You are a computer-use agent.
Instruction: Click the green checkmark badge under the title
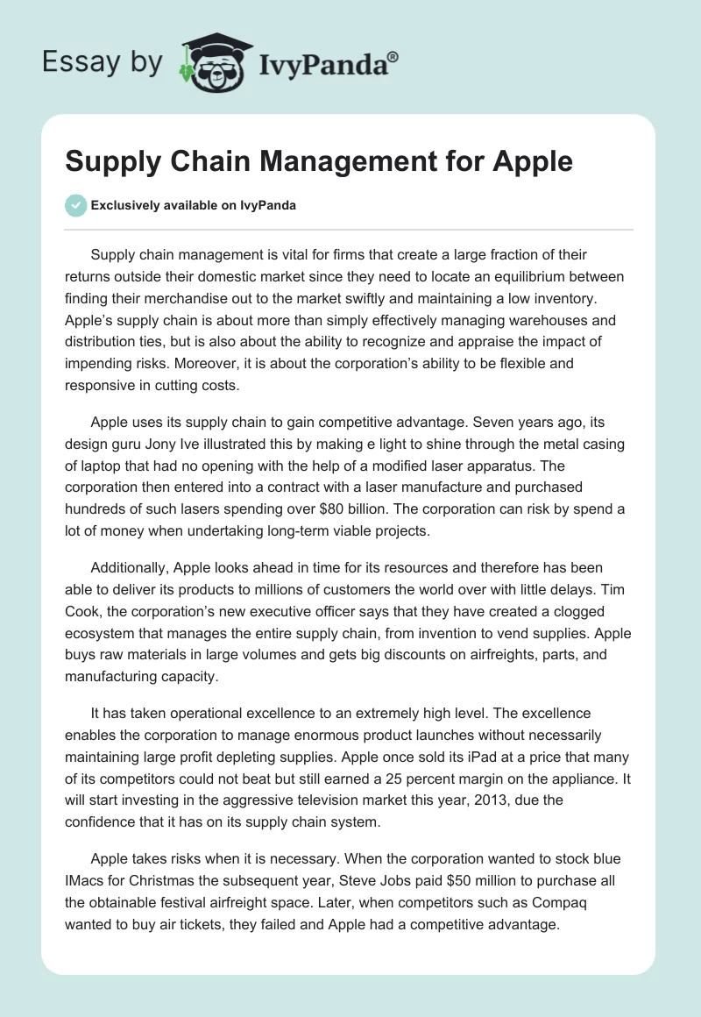(75, 205)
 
